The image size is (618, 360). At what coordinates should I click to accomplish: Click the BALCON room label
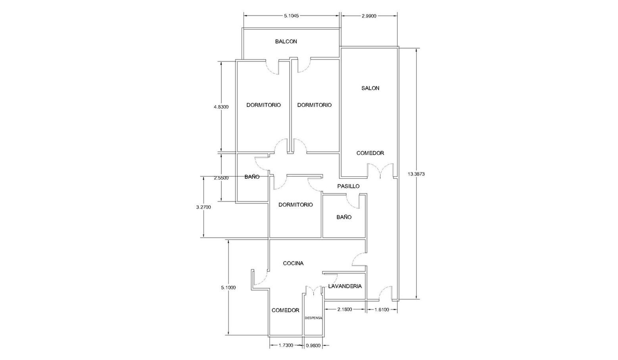point(286,42)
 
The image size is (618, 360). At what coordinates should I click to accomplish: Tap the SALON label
point(370,88)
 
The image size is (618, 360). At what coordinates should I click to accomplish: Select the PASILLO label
point(348,186)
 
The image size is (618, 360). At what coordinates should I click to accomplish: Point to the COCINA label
point(293,263)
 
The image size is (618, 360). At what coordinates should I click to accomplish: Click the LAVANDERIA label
point(345,286)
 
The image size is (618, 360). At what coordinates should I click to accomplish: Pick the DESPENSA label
point(313,318)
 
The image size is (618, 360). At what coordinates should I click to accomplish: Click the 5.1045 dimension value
point(291,16)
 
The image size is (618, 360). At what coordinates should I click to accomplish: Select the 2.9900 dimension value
point(369,16)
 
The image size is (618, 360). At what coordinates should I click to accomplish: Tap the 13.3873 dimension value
point(416,174)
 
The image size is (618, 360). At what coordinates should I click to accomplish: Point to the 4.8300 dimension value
point(221,107)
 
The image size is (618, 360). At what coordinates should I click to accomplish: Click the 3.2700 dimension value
point(203,207)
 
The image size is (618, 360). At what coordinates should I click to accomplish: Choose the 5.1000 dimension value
point(228,288)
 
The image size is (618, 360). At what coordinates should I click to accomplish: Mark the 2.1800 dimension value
point(345,310)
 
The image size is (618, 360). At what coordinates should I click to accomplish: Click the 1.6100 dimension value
point(382,310)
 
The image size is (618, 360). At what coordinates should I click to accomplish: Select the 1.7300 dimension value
point(286,345)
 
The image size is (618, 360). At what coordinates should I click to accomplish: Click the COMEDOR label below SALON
point(370,153)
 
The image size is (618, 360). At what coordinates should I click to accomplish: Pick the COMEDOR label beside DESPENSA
point(285,310)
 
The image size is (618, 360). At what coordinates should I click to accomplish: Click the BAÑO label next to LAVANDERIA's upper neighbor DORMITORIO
point(344,217)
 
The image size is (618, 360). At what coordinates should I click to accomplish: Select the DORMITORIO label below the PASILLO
point(296,205)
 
